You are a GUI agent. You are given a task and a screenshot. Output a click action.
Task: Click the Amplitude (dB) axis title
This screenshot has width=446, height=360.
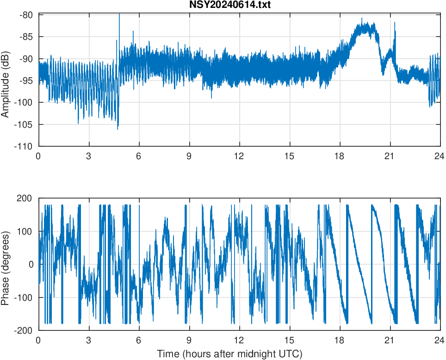click(x=6, y=80)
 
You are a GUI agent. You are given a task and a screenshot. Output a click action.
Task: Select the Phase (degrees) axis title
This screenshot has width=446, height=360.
click(x=6, y=264)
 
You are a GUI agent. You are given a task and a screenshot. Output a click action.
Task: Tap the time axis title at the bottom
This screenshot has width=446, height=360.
click(x=229, y=354)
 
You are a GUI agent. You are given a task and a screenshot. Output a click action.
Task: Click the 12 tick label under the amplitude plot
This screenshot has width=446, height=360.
click(x=239, y=156)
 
